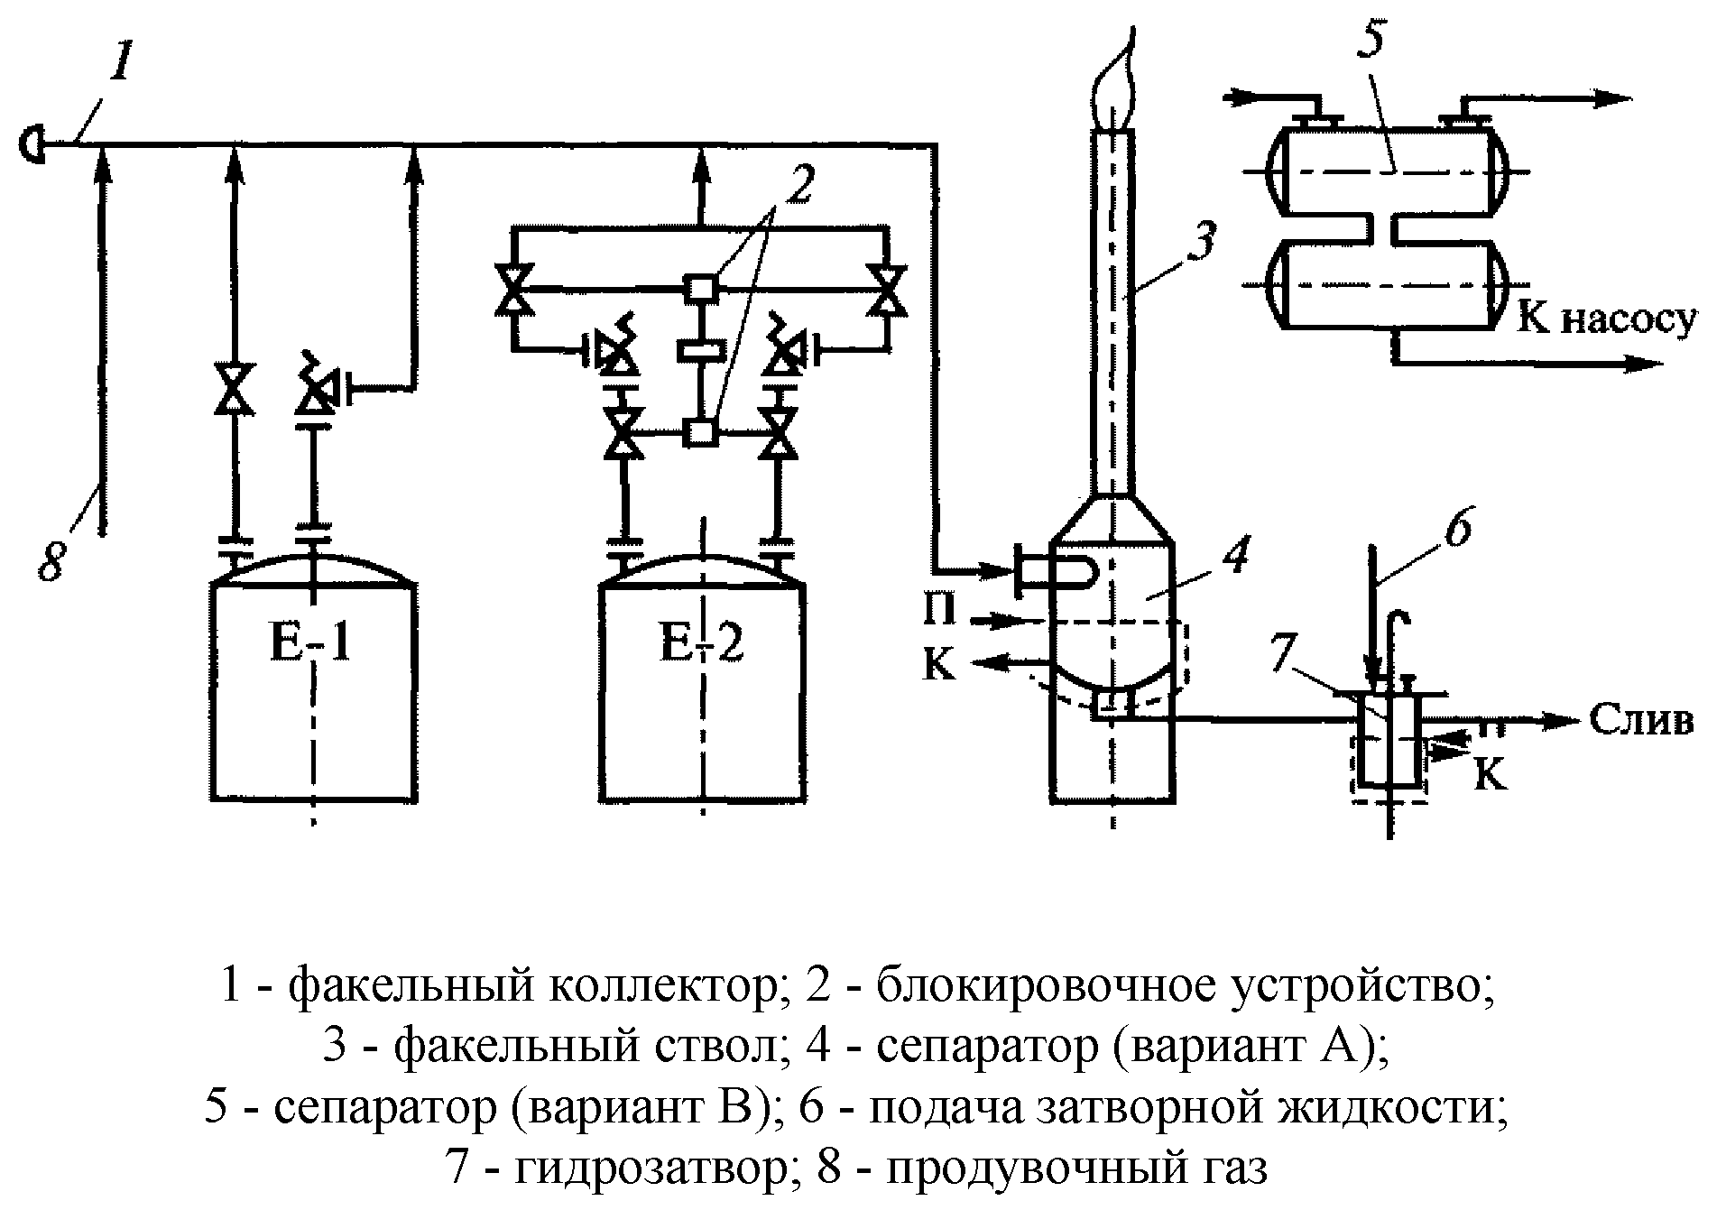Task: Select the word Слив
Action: [x=1639, y=719]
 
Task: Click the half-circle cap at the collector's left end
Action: [x=32, y=143]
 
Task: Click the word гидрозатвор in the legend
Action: [x=649, y=1170]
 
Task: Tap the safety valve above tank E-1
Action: [x=315, y=387]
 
